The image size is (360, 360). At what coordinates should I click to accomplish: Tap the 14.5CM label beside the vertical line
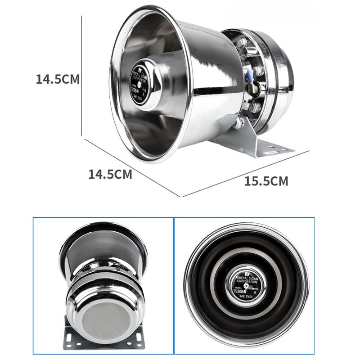(x=58, y=79)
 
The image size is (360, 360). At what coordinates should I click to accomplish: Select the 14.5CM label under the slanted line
(x=110, y=174)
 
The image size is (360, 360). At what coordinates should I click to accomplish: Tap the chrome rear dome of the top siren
(x=279, y=81)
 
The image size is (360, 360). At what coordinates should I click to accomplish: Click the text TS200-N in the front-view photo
(x=242, y=290)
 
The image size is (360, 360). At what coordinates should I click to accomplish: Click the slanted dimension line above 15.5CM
(x=245, y=174)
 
